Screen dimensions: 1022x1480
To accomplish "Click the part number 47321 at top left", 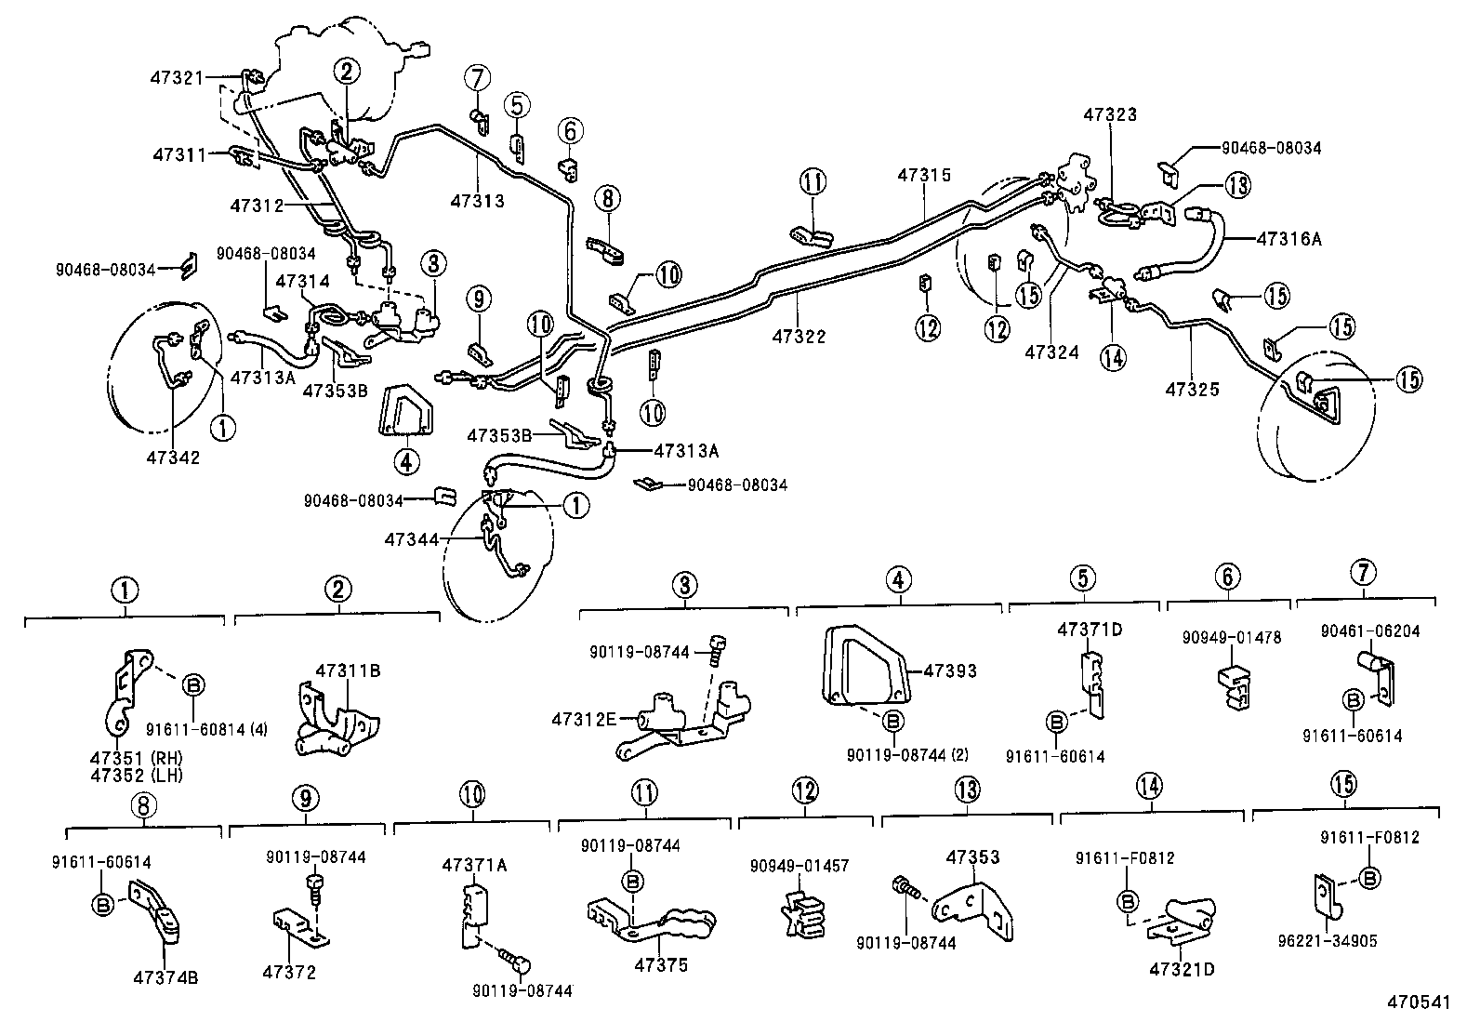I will (x=177, y=78).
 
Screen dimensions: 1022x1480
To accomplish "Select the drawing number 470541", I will (x=1419, y=1002).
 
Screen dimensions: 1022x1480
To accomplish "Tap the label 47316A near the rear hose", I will (x=1288, y=238).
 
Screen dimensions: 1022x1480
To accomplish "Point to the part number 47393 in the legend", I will (x=949, y=670).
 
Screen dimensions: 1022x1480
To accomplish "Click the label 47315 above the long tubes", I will (x=924, y=174).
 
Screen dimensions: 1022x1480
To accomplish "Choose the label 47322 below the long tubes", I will (x=798, y=337).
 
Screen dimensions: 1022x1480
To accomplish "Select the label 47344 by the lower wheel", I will (x=413, y=538).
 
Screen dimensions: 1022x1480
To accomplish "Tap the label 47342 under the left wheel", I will (x=173, y=458).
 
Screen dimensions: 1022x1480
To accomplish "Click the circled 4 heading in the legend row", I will (x=897, y=580).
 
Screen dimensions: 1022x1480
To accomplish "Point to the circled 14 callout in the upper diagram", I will (x=1113, y=357).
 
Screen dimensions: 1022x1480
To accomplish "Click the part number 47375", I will (x=661, y=965).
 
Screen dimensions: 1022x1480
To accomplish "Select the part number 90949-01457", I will (x=799, y=866).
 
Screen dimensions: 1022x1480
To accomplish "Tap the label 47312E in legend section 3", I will (x=582, y=720).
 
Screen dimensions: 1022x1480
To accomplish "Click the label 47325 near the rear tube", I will (x=1193, y=389).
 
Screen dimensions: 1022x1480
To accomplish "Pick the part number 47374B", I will (x=165, y=977).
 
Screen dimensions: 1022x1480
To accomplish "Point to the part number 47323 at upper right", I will (x=1110, y=114).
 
